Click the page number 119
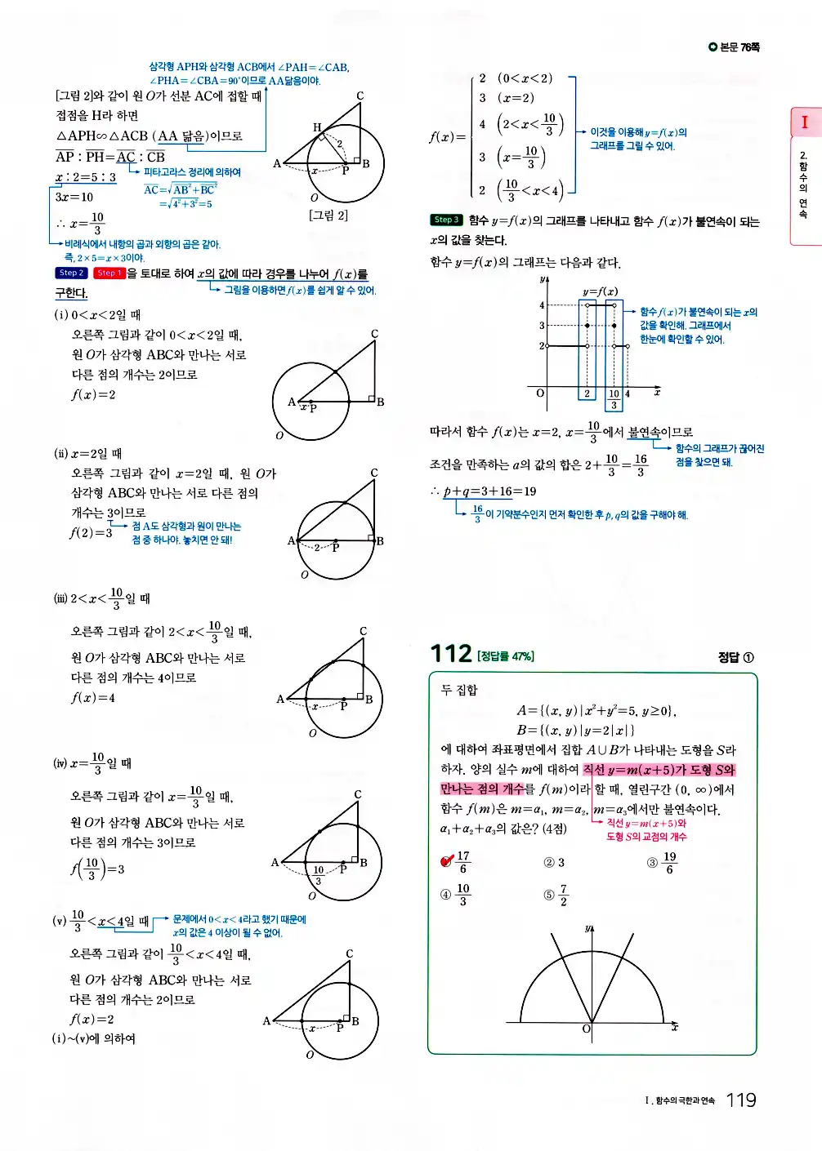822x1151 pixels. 740,1100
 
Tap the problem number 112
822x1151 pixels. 450,653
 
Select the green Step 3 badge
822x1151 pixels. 446,220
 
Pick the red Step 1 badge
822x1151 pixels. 108,273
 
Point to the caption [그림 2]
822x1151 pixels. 328,215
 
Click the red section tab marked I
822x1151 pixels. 804,122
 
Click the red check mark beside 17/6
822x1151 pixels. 447,860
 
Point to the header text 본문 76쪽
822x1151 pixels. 735,47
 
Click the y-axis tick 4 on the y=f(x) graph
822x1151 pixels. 541,305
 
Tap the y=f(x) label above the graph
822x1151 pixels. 600,291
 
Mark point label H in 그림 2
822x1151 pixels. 316,127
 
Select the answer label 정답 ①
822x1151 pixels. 735,657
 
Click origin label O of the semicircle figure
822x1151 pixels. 586,1029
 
